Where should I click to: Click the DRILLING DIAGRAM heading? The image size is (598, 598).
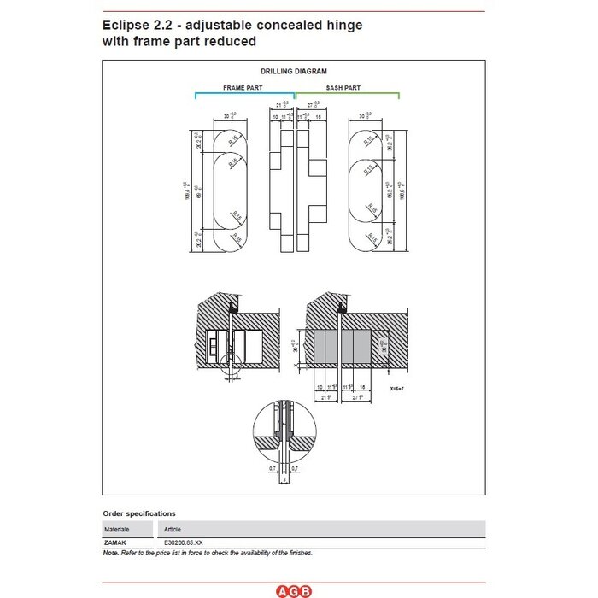pyautogui.click(x=294, y=72)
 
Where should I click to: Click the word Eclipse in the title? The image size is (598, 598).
pyautogui.click(x=128, y=25)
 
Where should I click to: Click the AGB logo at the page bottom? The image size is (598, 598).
pyautogui.click(x=294, y=590)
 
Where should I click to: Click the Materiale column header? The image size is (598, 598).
pyautogui.click(x=118, y=529)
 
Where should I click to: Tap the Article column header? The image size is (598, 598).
pyautogui.click(x=172, y=529)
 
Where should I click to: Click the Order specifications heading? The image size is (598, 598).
pyautogui.click(x=139, y=513)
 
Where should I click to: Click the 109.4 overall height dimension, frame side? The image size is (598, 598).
pyautogui.click(x=185, y=191)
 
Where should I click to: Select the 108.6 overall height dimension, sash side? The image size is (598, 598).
pyautogui.click(x=401, y=191)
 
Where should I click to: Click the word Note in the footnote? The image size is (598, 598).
pyautogui.click(x=110, y=553)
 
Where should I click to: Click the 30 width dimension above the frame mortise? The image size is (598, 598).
pyautogui.click(x=228, y=116)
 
